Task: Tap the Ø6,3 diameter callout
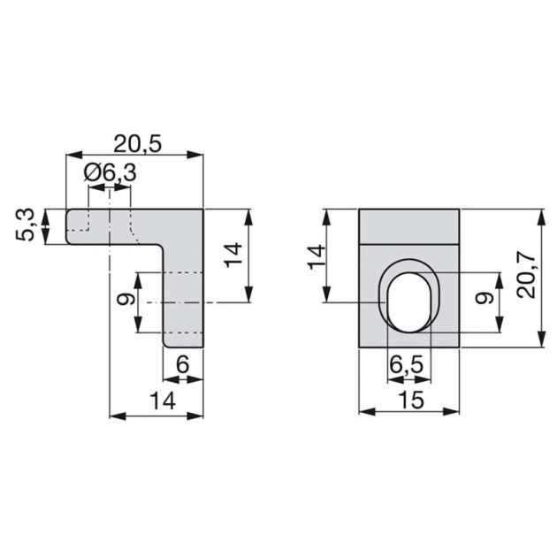[x=111, y=174]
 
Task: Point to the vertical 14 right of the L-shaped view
[x=233, y=256]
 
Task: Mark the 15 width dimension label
[x=409, y=401]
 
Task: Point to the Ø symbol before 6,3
[x=92, y=174]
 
